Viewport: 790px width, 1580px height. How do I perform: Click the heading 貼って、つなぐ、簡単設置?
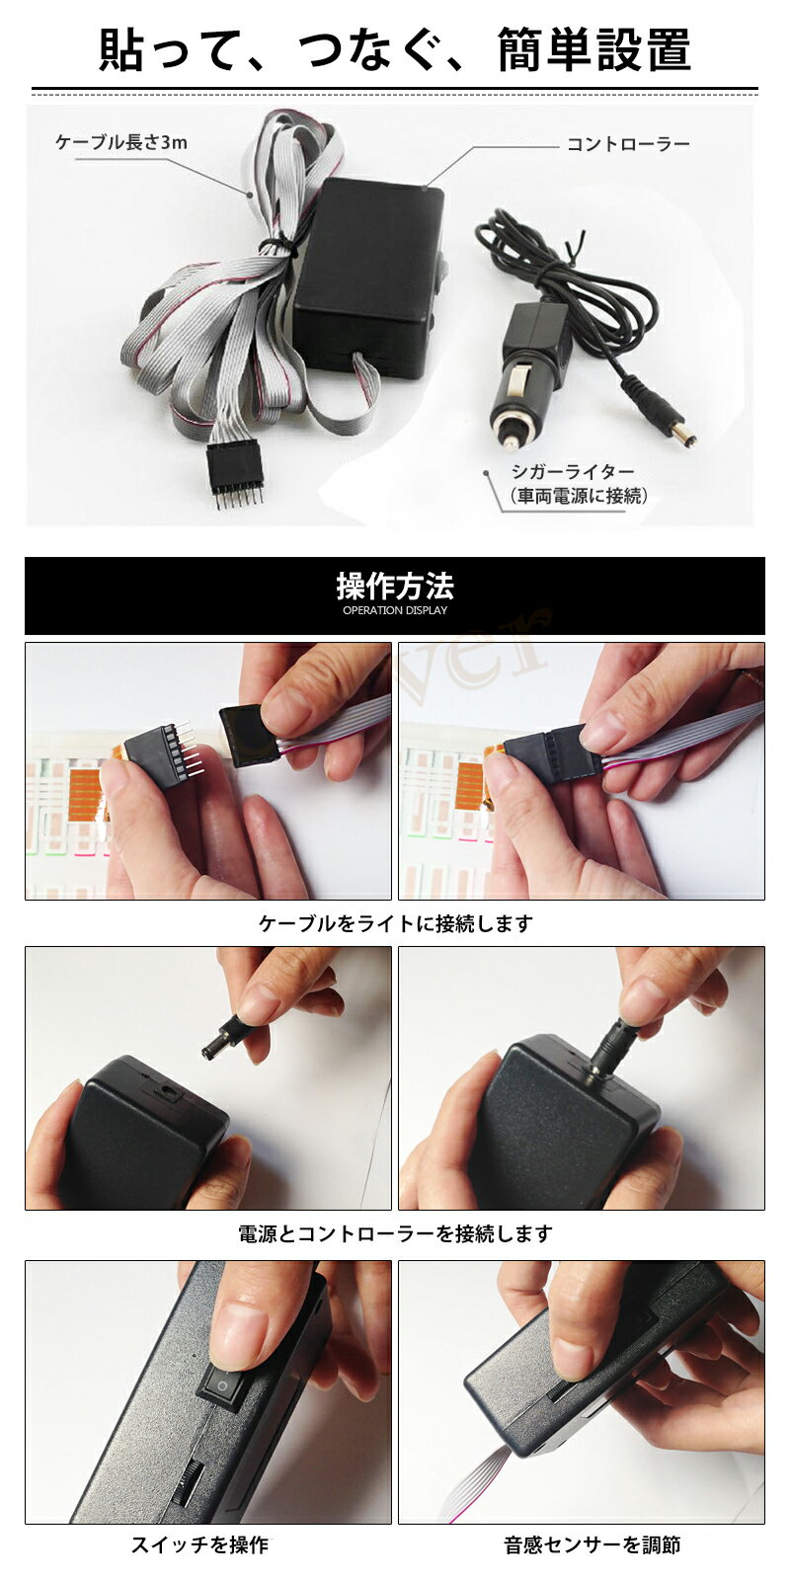[395, 49]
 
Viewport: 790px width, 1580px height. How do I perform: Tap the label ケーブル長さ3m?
[121, 142]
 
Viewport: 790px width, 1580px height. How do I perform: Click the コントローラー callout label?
[627, 144]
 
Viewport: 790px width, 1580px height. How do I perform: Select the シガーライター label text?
[572, 472]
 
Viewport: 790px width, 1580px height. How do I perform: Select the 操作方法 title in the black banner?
[395, 587]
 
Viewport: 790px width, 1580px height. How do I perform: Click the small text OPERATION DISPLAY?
[395, 610]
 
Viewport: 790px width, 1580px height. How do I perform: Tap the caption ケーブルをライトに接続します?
[395, 923]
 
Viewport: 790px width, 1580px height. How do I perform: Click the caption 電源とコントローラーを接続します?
[395, 1233]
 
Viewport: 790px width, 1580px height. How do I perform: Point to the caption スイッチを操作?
[199, 1545]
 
